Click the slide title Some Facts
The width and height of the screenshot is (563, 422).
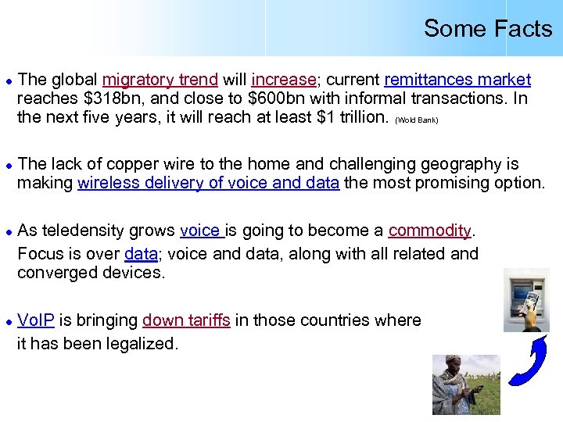(x=487, y=29)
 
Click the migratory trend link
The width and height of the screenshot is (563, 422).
(x=160, y=80)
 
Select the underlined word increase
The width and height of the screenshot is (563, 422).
(x=283, y=80)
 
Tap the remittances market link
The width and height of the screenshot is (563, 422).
(x=457, y=80)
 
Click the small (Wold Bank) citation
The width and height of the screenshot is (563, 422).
(x=417, y=120)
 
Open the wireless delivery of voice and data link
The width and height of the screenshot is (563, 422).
(x=209, y=183)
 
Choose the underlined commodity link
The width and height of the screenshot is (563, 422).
(x=430, y=231)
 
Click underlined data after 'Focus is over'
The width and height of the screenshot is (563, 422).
(x=141, y=254)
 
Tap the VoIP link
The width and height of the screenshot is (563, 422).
(x=36, y=320)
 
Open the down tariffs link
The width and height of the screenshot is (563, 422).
(x=186, y=320)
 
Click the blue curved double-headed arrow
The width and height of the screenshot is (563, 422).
(x=527, y=360)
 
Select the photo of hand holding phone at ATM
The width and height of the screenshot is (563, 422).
(x=525, y=299)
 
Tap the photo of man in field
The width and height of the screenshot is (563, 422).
(x=465, y=384)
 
